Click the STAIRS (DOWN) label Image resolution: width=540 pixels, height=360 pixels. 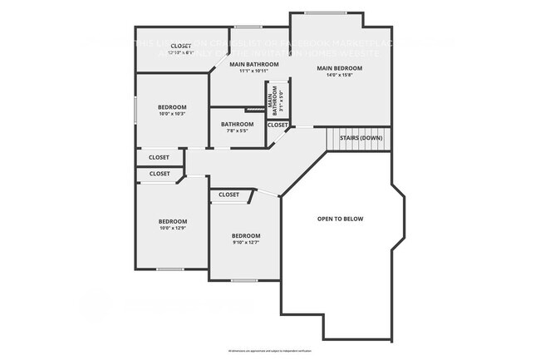click(360, 138)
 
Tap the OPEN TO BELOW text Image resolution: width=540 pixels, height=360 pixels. click(341, 219)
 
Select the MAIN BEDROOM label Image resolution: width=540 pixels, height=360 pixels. click(340, 67)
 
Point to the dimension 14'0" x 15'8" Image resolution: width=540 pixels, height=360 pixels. click(340, 75)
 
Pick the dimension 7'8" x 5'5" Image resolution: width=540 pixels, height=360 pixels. click(237, 131)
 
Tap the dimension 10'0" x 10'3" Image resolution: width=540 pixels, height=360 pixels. click(172, 114)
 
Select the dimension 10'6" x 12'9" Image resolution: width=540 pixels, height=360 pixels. click(172, 229)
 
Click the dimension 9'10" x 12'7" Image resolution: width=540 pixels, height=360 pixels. click(246, 243)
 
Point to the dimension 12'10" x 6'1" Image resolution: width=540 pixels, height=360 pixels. click(180, 52)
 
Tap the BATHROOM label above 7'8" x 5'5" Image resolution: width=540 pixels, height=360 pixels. click(237, 124)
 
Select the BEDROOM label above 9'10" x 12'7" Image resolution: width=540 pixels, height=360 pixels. click(246, 235)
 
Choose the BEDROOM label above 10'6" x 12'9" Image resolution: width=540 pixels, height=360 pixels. click(172, 221)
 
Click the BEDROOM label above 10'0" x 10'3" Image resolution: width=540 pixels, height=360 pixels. click(172, 106)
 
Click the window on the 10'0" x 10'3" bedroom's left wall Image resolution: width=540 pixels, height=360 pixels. click(135, 111)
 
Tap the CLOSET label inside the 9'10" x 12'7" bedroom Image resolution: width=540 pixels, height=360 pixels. click(228, 195)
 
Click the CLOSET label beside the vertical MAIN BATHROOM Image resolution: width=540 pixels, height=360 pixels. click(277, 125)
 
